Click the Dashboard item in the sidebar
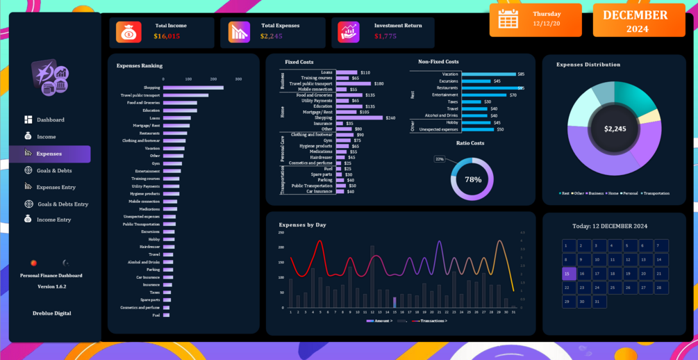50,120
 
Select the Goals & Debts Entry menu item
63,204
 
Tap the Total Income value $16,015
167,36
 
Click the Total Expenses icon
239,32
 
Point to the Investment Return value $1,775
385,36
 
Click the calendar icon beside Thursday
508,19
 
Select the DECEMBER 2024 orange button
638,20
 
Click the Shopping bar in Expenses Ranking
193,88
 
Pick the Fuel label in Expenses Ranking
156,316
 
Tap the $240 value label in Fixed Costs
390,118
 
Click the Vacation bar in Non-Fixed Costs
488,74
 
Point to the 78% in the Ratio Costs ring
473,179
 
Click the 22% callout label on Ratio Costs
440,159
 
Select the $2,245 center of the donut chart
615,129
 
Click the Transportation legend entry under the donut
656,193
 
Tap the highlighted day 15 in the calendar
568,274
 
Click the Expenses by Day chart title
302,225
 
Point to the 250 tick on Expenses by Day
281,234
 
